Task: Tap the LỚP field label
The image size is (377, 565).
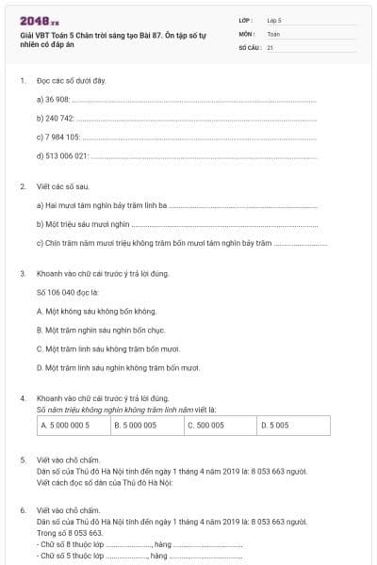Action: coord(246,19)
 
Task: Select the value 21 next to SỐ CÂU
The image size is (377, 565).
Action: coord(270,46)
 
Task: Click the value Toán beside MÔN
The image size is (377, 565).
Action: coord(273,33)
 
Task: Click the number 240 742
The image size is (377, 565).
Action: coord(60,118)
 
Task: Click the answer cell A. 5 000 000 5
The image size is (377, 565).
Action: coord(73,426)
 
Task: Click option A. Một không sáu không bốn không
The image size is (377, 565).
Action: coord(96,311)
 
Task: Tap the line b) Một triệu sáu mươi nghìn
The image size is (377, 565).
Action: coord(82,224)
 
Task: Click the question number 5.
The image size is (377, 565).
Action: coord(23,460)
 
